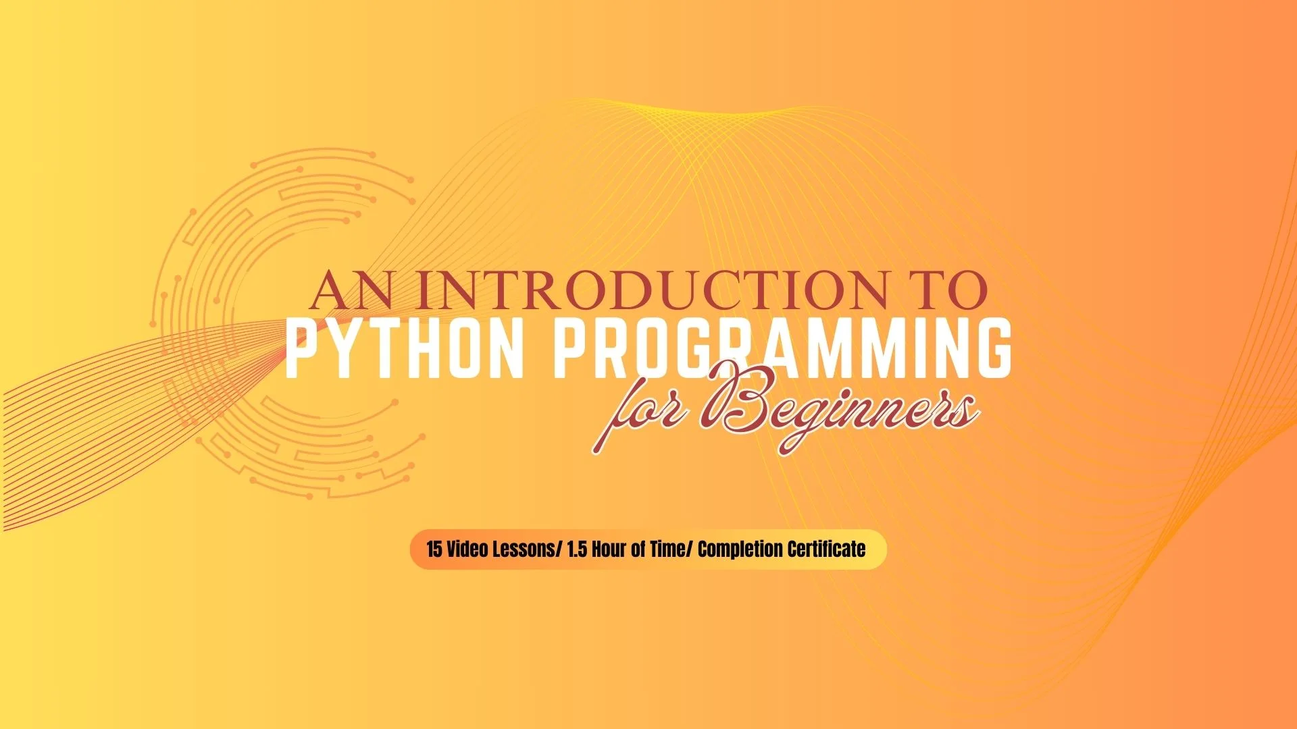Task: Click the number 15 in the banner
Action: tap(434, 549)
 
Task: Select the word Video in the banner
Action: tap(467, 549)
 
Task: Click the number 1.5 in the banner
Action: tap(578, 549)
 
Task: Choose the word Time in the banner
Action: tap(669, 549)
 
